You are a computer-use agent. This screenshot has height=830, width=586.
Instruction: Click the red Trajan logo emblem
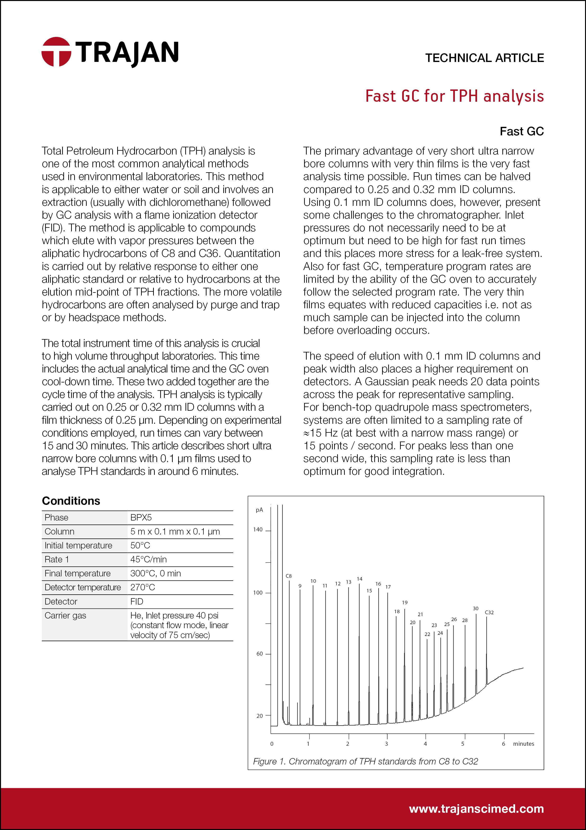coord(56,52)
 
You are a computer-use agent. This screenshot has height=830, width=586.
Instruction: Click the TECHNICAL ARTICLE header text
coord(484,58)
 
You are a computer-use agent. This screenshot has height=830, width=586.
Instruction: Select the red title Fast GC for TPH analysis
coord(454,96)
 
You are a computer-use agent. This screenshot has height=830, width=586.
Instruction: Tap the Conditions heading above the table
coord(71,501)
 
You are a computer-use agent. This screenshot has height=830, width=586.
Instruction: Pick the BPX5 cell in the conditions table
coord(141,517)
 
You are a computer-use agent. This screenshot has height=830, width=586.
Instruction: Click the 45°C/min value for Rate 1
coord(148,559)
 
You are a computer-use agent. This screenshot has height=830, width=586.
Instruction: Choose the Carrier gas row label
coord(65,615)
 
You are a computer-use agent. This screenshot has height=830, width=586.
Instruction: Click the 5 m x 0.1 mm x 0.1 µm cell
coord(175,531)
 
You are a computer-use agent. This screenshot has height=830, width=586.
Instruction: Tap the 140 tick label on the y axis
coord(258,530)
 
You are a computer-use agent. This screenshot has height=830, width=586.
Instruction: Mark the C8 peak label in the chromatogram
coord(289,576)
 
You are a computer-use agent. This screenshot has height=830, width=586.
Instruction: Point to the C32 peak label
coord(489,612)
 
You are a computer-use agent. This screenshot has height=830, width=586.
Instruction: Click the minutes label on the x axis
coord(523,744)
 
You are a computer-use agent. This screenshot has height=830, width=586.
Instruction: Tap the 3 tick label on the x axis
coord(386,744)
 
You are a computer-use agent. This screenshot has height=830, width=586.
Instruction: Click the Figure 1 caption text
coord(365,761)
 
